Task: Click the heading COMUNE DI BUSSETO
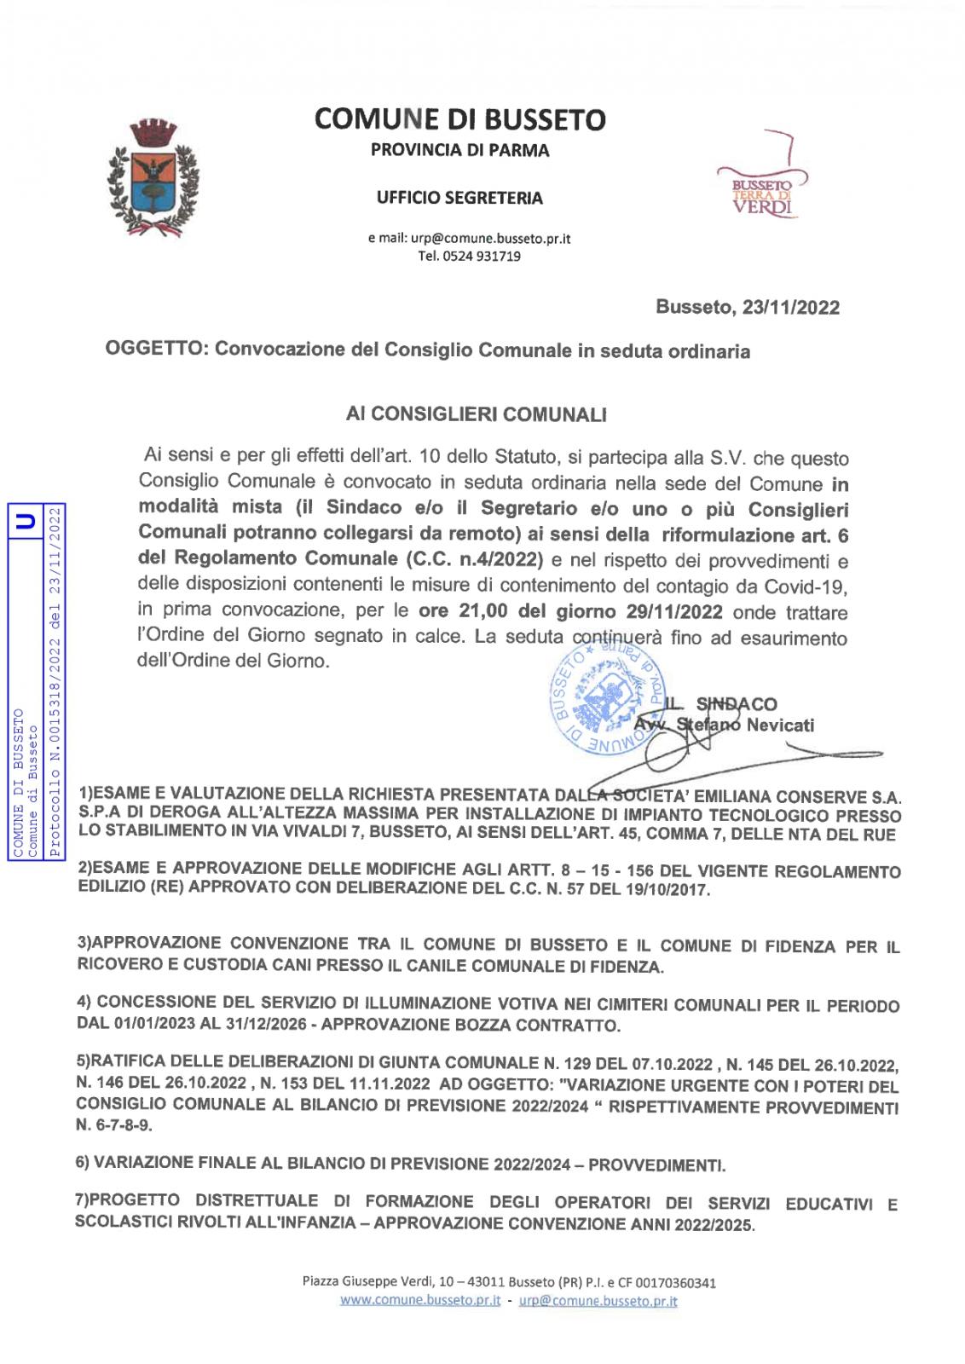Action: [x=460, y=119]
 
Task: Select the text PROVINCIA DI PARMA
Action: [x=459, y=152]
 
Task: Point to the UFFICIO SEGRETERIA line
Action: [x=459, y=199]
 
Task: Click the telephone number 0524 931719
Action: [x=482, y=256]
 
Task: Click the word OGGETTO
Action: [x=153, y=350]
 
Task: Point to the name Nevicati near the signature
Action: [x=780, y=725]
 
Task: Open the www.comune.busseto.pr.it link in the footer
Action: [x=419, y=1301]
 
